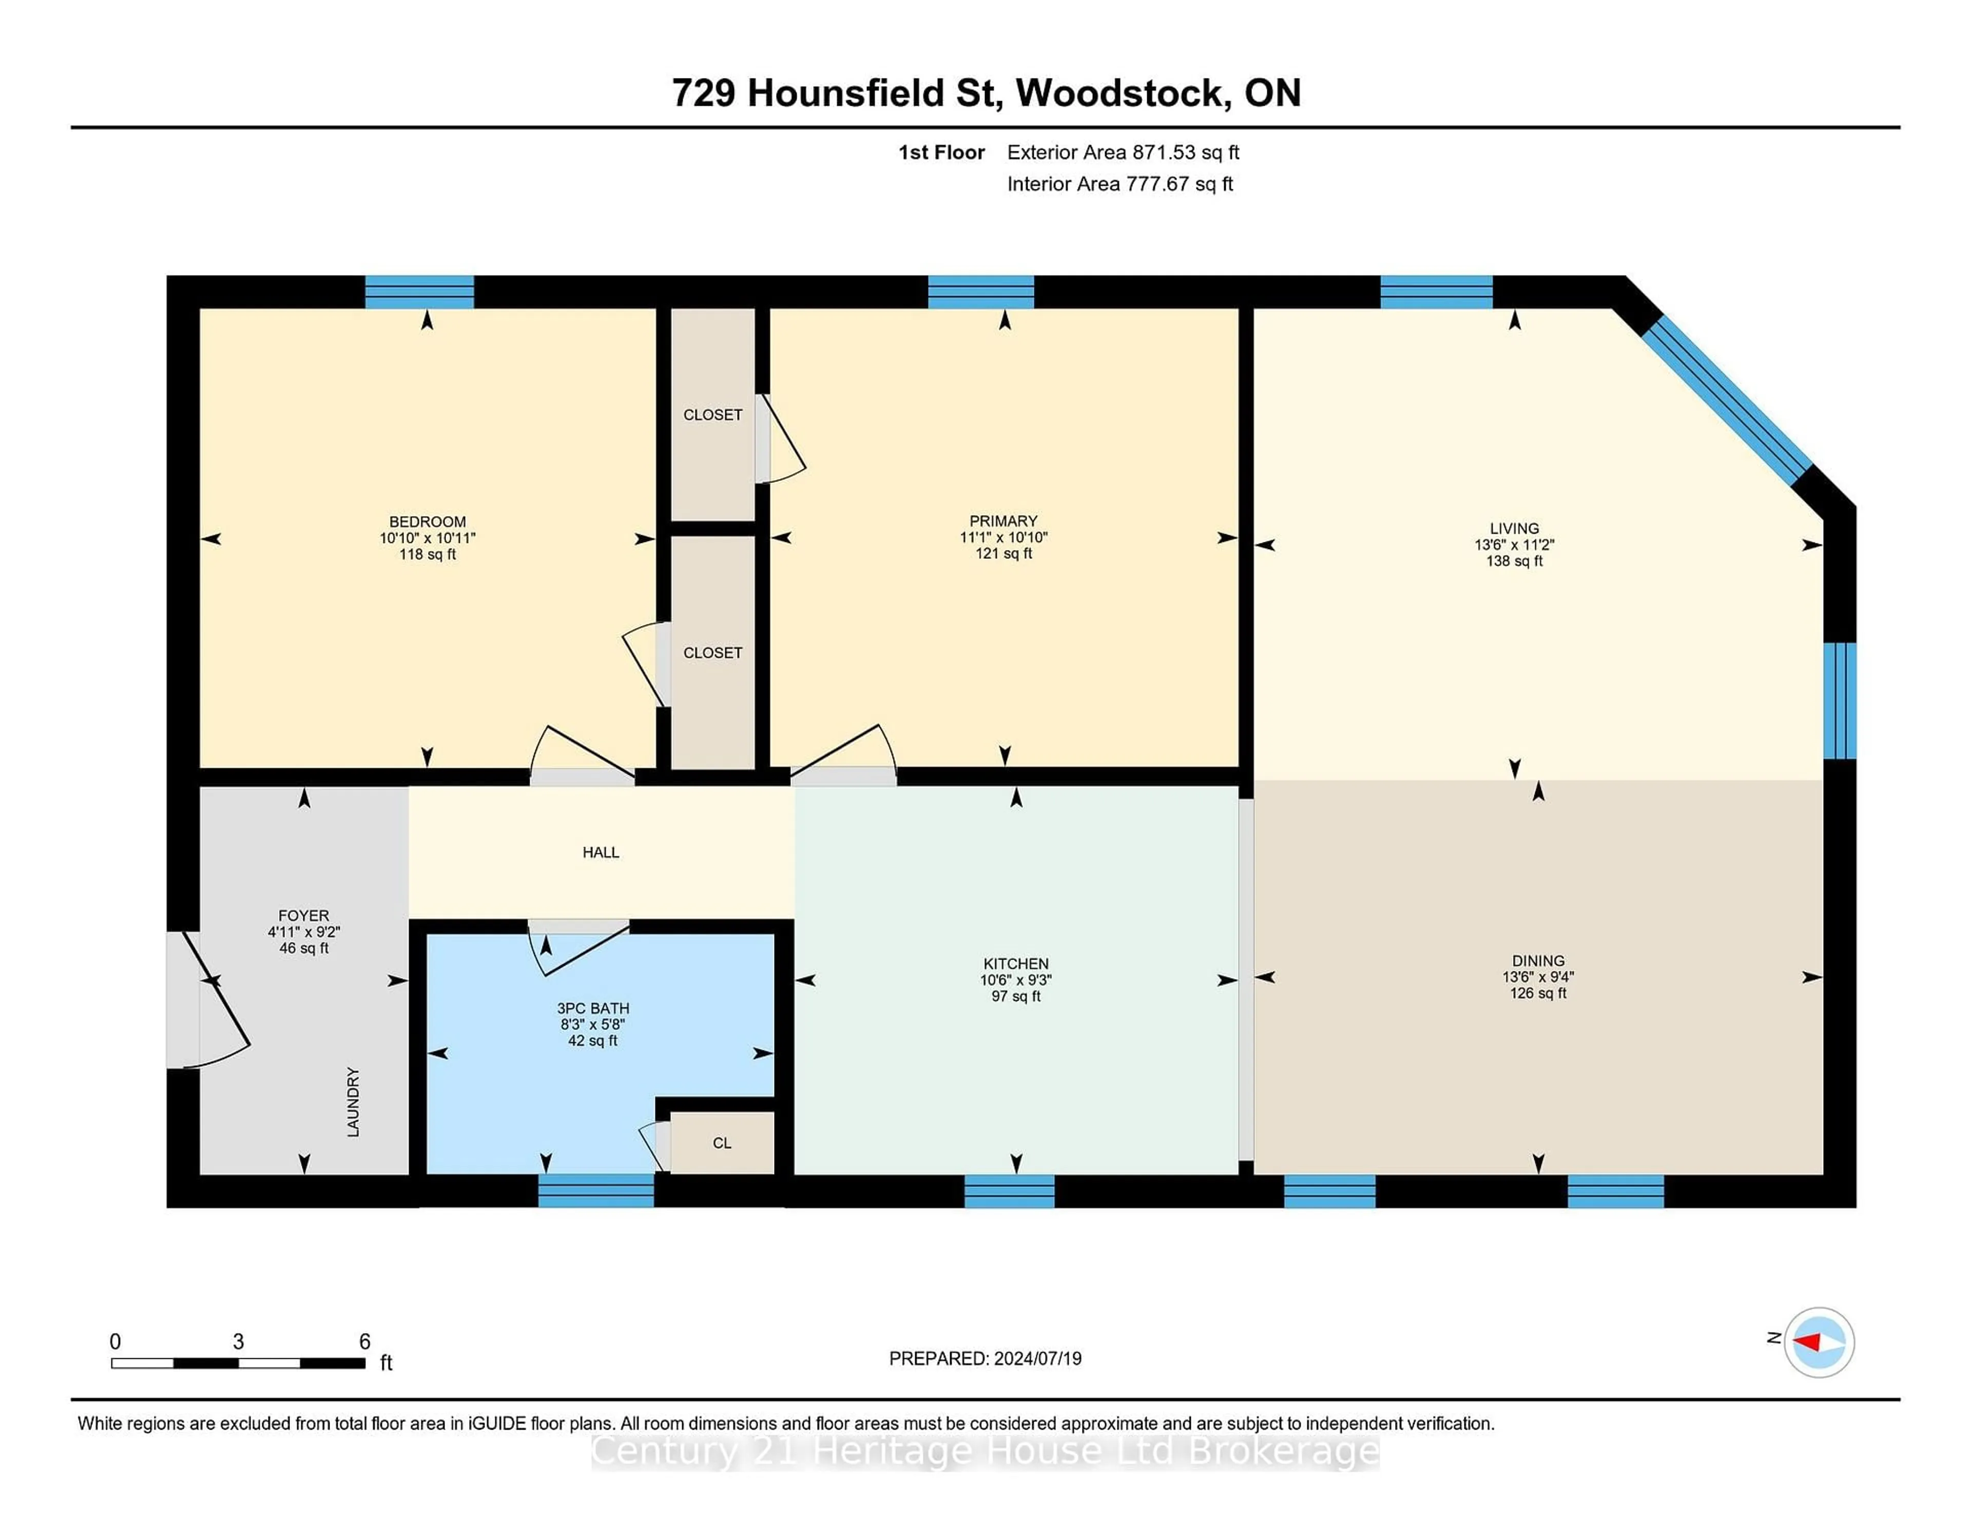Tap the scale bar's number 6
click(364, 1341)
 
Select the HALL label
click(600, 852)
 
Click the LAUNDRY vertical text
click(353, 1102)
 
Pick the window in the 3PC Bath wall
click(595, 1190)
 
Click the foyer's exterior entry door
click(207, 999)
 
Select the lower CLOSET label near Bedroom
click(712, 652)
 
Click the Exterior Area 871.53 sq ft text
click(1123, 152)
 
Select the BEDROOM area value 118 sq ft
click(427, 554)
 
